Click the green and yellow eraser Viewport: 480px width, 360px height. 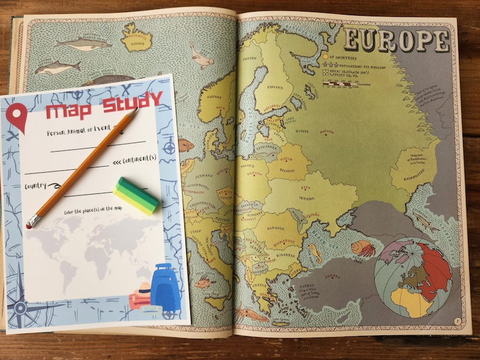point(136,195)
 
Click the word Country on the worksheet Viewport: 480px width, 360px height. point(35,186)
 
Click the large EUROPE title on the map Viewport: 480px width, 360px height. point(396,40)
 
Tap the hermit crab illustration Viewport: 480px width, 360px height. point(362,248)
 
